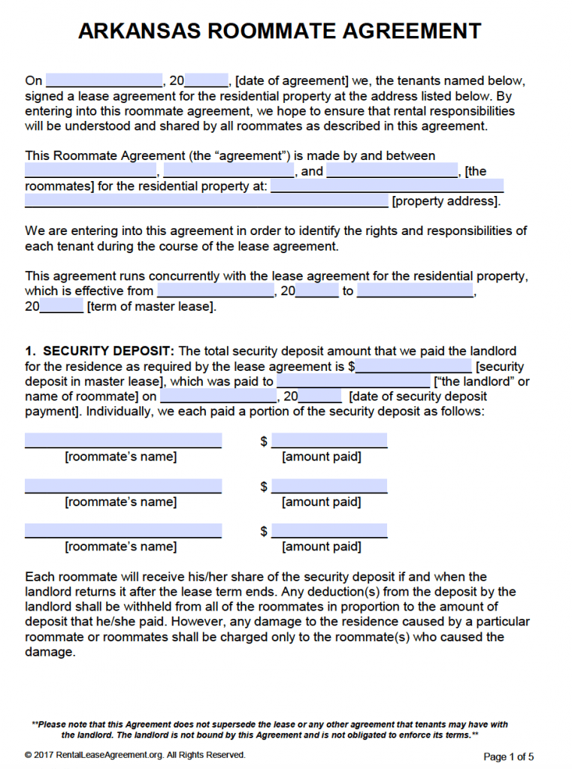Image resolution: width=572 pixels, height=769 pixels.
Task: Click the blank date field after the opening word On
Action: (x=104, y=81)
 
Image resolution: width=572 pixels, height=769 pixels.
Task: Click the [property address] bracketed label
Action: (x=446, y=201)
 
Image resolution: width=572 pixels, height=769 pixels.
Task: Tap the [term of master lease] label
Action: (x=151, y=306)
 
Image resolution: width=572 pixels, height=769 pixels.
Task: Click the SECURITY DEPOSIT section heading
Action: (x=108, y=351)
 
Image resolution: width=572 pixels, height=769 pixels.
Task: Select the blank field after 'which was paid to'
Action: (x=353, y=381)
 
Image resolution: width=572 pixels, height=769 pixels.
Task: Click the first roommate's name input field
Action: (x=123, y=441)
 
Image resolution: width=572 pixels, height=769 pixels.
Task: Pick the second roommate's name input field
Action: (x=123, y=486)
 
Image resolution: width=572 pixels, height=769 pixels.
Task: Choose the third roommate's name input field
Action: (x=123, y=531)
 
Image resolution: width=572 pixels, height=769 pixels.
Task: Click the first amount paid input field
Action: (x=329, y=441)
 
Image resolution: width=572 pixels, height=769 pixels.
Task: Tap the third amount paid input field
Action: (x=329, y=531)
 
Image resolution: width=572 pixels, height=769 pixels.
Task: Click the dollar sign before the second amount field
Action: (x=264, y=487)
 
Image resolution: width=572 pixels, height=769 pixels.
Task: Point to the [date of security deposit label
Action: (x=418, y=397)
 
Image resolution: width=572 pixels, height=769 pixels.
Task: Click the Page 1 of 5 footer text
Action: (x=508, y=756)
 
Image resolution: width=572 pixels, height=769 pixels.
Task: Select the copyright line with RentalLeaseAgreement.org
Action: (x=135, y=755)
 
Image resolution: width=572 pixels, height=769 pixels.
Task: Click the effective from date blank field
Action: (x=216, y=291)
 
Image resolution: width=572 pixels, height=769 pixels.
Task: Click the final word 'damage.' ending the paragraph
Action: (x=50, y=652)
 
